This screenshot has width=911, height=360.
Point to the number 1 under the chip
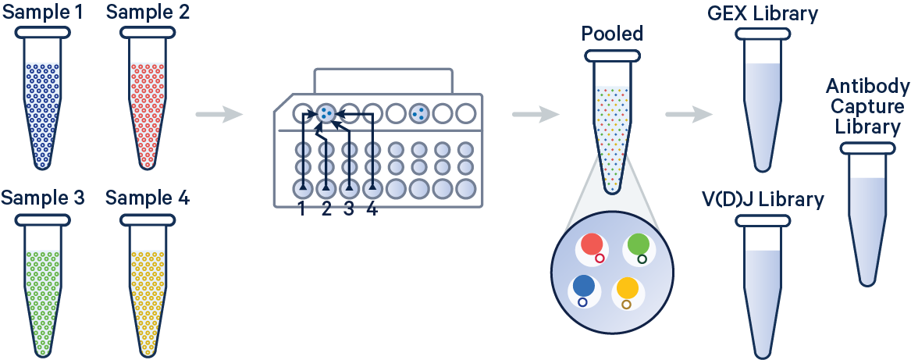point(302,209)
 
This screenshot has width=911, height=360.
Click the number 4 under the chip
point(372,209)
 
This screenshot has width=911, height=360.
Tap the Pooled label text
point(613,34)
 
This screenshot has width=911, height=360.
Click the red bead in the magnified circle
point(591,245)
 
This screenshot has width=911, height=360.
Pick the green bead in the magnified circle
point(638,245)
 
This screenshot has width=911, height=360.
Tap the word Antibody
point(867,86)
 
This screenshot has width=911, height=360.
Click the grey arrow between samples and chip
point(219,116)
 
